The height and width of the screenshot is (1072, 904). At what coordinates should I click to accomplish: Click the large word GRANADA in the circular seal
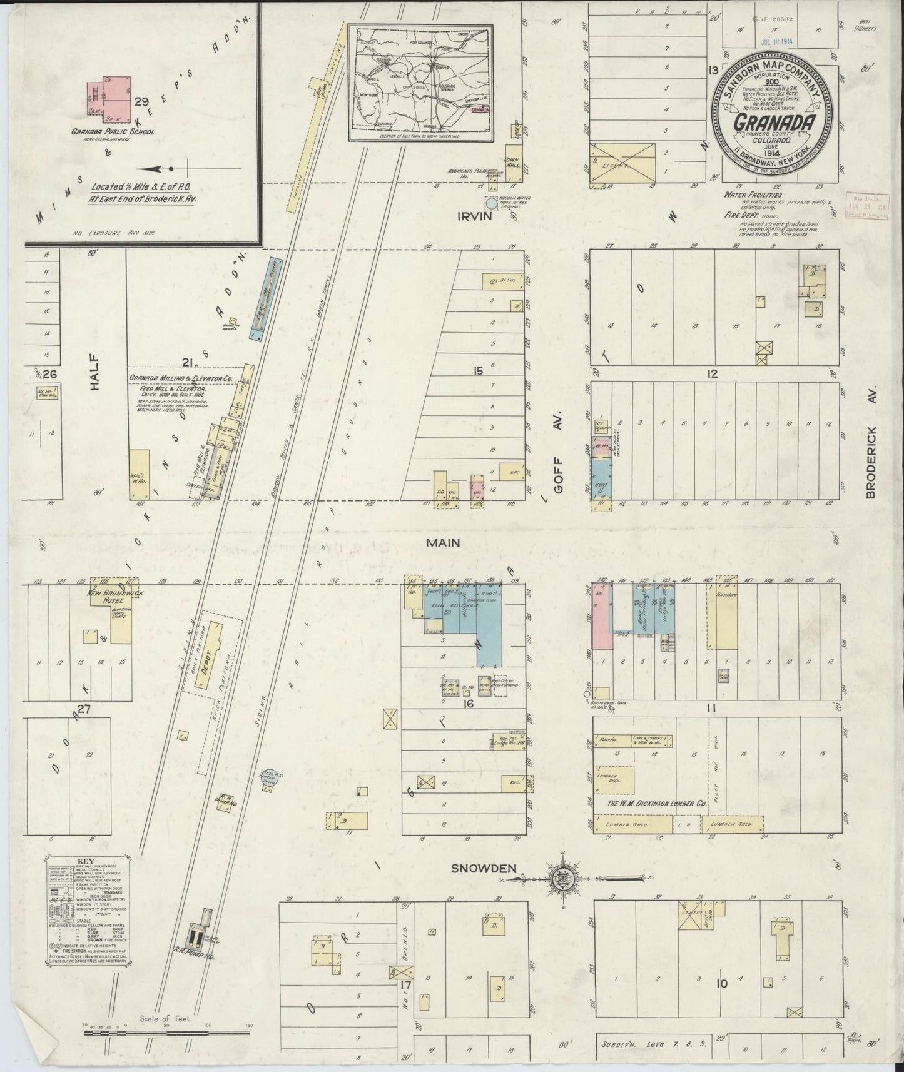(774, 122)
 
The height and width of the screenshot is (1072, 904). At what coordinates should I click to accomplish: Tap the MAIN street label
(443, 542)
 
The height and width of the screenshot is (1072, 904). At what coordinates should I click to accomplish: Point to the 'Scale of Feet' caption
(166, 1018)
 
